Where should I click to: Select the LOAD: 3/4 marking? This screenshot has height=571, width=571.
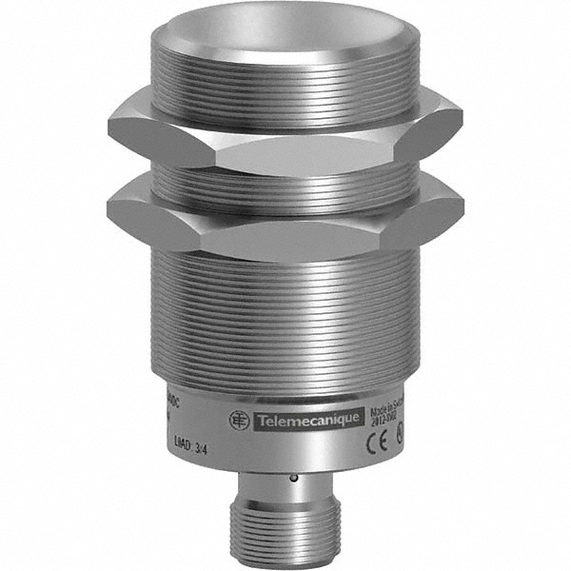(x=187, y=440)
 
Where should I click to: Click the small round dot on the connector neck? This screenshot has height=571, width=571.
(x=293, y=478)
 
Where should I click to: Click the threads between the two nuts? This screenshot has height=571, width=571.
(x=285, y=180)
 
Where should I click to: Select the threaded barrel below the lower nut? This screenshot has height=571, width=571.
(x=285, y=314)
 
